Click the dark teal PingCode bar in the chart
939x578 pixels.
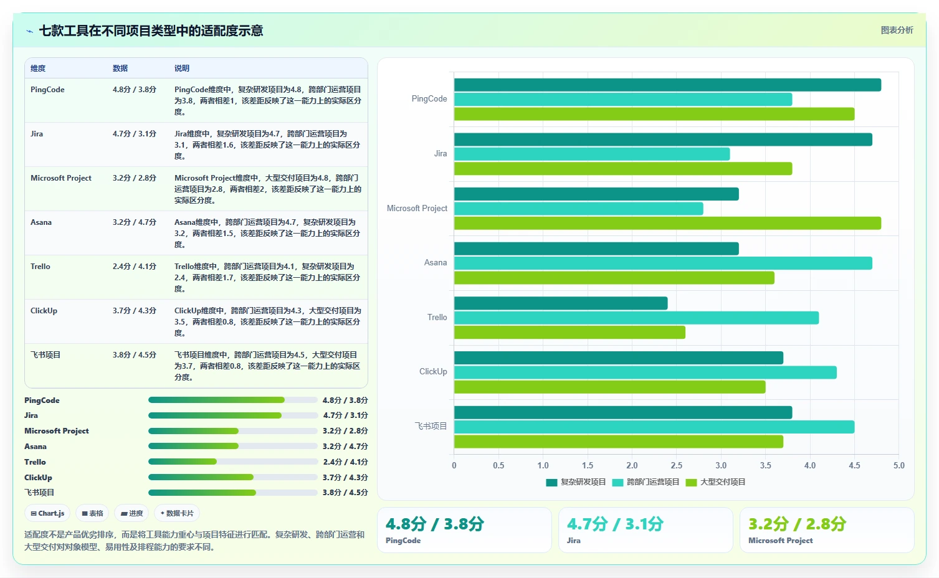coord(667,85)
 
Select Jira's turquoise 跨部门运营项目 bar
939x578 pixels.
coord(592,154)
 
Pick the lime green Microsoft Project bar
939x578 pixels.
coord(667,223)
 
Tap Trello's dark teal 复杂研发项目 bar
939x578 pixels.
coord(561,303)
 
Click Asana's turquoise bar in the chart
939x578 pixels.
coord(663,263)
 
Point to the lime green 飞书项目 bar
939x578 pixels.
coord(619,442)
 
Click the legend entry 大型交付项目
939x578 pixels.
coord(715,482)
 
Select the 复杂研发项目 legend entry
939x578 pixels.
coord(576,482)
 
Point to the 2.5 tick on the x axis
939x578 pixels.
coord(677,465)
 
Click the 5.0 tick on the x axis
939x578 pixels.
coord(898,465)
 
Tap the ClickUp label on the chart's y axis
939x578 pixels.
coord(433,371)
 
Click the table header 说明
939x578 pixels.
coord(182,69)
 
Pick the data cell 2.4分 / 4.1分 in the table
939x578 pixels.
coord(134,266)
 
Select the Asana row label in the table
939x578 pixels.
coord(41,222)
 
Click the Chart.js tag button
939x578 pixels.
coord(47,513)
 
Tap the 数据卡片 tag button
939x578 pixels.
coord(177,513)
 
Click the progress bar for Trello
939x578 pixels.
coord(232,462)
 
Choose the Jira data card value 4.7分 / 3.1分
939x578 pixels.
coord(615,524)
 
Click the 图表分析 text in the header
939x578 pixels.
coord(897,30)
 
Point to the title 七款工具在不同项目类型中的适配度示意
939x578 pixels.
coord(151,31)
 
